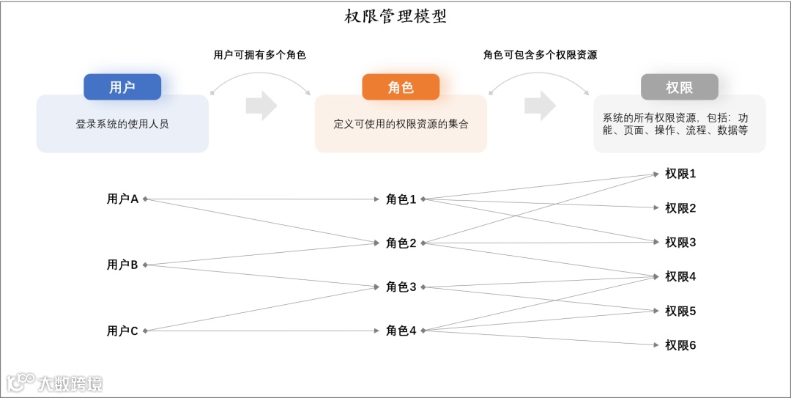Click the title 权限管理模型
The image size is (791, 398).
[395, 17]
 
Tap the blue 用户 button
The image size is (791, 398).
[122, 87]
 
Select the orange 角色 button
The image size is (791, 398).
[401, 87]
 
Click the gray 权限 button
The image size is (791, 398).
[679, 87]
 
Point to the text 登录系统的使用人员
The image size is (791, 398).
[122, 124]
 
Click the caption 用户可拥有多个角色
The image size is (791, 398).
[259, 55]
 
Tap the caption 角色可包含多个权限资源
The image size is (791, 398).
[540, 55]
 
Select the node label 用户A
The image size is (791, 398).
[122, 199]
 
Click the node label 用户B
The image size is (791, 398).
[122, 265]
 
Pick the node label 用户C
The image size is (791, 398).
[122, 331]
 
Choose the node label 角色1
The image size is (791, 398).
[401, 199]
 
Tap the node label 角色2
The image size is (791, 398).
[401, 243]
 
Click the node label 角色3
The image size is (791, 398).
[401, 287]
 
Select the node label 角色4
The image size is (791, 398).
[401, 331]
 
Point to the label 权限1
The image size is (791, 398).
[680, 174]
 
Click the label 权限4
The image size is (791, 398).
[680, 276]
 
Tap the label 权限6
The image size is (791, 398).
[680, 345]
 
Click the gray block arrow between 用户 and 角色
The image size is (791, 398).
[261, 106]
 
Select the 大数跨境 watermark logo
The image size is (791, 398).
[55, 383]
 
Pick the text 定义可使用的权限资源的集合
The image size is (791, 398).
[401, 124]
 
